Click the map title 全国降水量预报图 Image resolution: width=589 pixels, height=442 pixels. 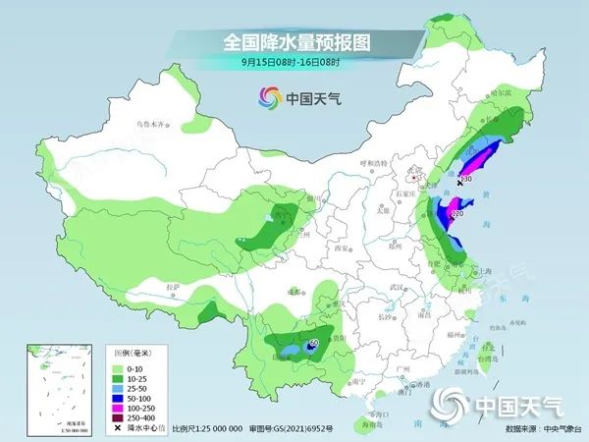294,43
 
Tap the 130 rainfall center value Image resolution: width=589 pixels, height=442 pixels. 466,180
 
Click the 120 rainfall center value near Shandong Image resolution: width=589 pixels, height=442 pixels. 456,212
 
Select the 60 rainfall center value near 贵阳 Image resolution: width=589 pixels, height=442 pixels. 314,344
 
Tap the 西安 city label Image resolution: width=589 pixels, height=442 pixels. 340,250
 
